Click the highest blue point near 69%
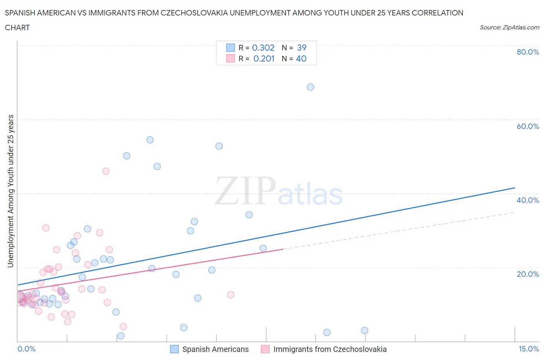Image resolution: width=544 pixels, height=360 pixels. tap(310, 87)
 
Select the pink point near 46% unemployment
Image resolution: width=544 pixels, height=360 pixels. tap(106, 171)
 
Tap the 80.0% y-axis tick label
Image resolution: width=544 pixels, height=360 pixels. tap(528, 52)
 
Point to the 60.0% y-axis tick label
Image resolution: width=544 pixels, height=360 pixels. tap(528, 126)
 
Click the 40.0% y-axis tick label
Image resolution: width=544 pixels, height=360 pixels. tap(528, 200)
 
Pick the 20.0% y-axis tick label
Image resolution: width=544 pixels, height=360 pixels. tap(528, 274)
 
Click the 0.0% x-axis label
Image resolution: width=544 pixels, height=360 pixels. tap(26, 349)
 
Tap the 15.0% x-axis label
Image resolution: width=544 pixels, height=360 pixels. tap(529, 349)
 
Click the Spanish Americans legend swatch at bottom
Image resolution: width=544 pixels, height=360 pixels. tap(174, 349)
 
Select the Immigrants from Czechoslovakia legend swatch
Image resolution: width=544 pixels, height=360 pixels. tap(265, 349)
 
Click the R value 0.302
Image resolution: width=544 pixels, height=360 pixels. tap(263, 48)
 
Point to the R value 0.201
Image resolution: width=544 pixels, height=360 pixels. tap(264, 58)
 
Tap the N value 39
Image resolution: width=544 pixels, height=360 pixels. tap(302, 48)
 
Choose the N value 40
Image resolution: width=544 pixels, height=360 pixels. tap(301, 58)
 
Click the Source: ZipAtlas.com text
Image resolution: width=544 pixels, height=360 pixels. tap(509, 27)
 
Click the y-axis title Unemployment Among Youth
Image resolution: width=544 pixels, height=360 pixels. tap(10, 191)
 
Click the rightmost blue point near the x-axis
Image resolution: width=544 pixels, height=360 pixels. tap(364, 331)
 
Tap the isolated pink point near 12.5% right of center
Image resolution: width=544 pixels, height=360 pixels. tap(231, 295)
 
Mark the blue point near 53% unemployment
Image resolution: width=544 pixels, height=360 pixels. tap(219, 146)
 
